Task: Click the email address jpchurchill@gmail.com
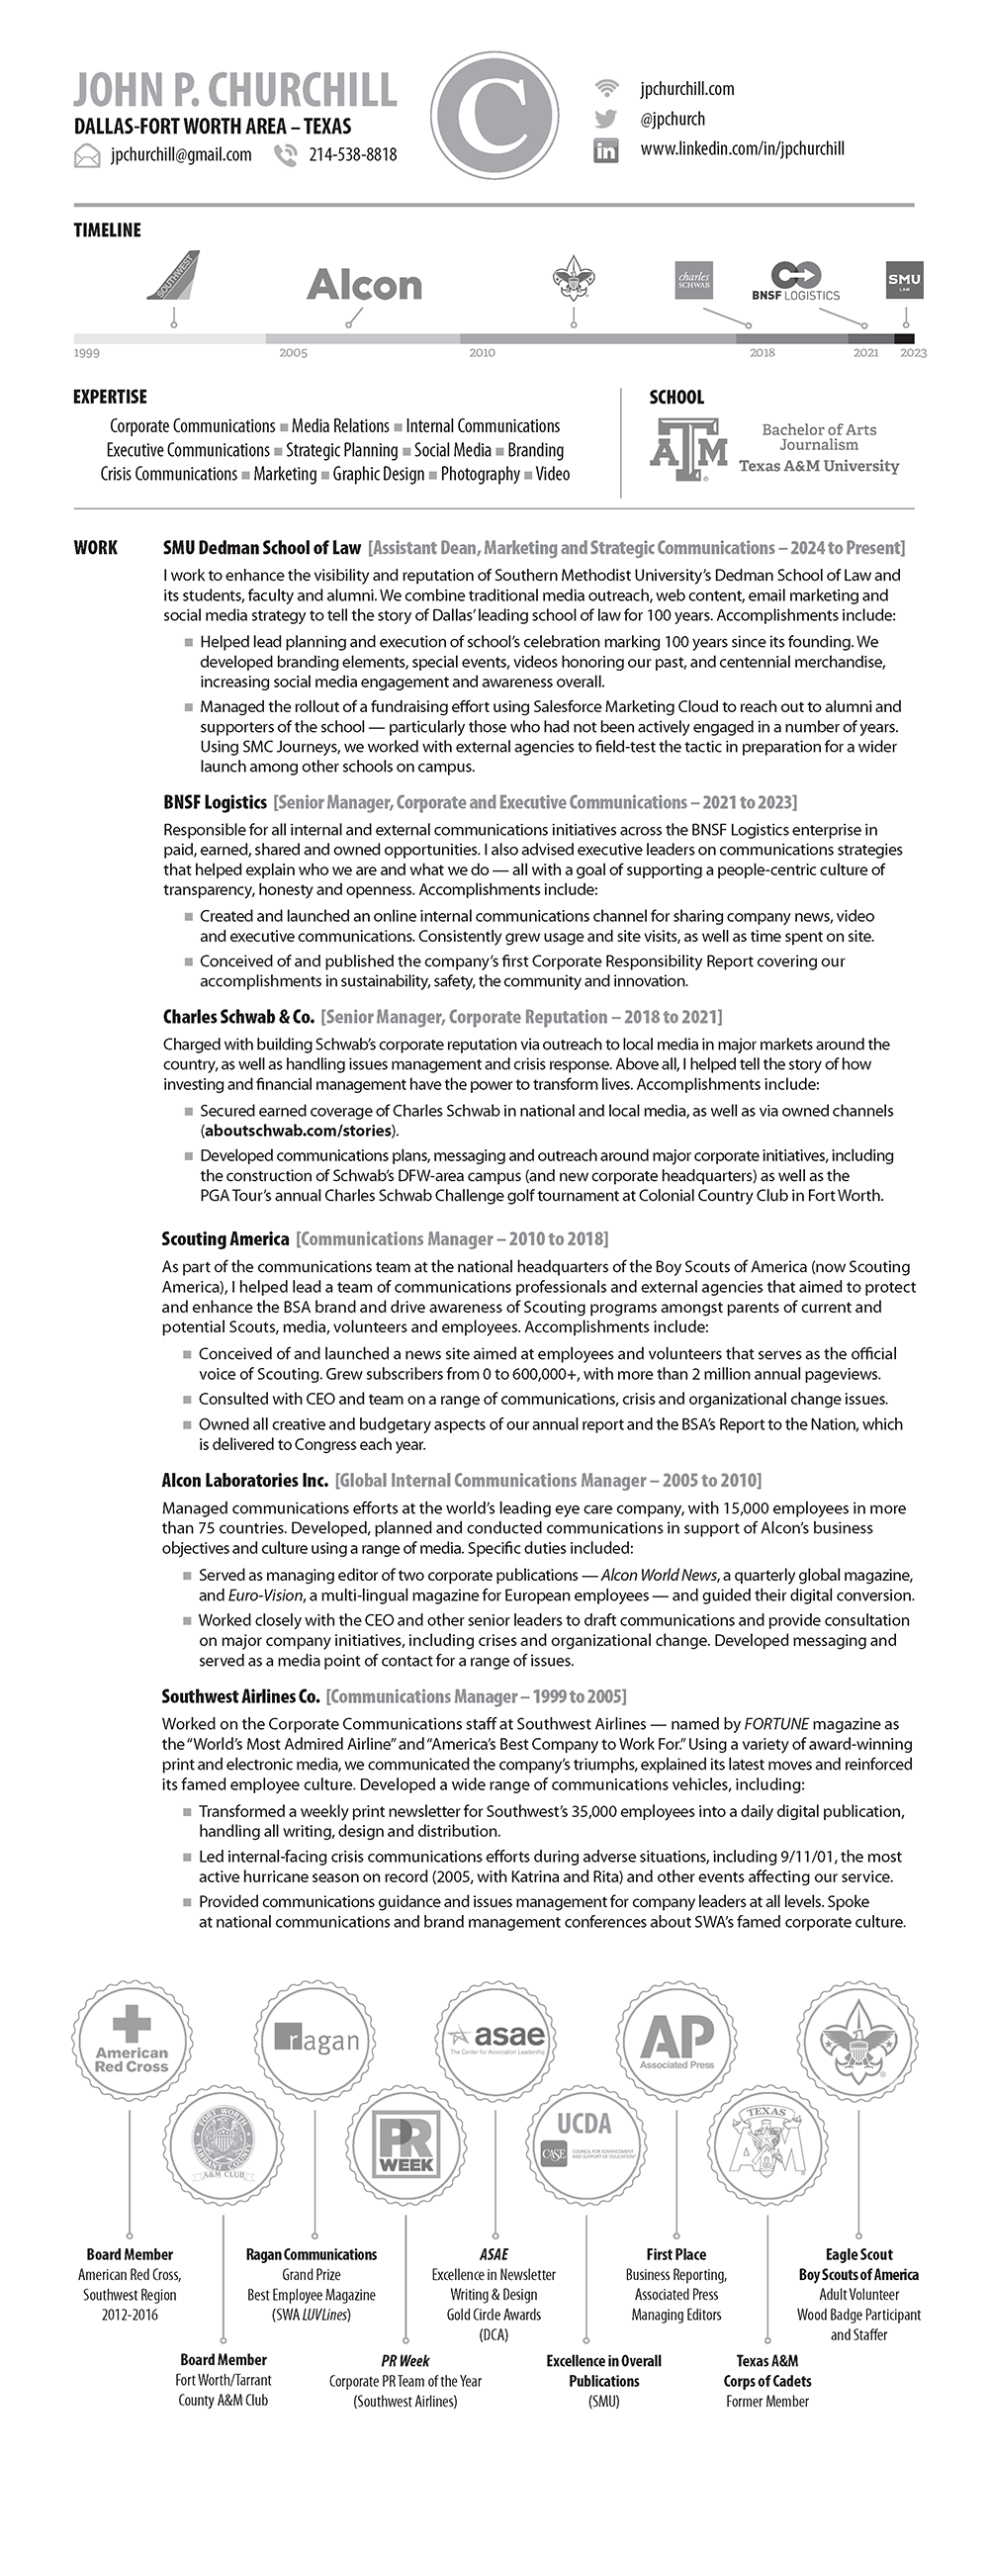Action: pyautogui.click(x=180, y=154)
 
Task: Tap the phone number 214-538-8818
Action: pyautogui.click(x=353, y=154)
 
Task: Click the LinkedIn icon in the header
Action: pyautogui.click(x=605, y=150)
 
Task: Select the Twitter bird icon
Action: pyautogui.click(x=605, y=120)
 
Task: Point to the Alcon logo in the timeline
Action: pyautogui.click(x=364, y=285)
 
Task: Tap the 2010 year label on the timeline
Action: pyautogui.click(x=482, y=353)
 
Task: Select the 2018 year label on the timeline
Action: pyautogui.click(x=763, y=353)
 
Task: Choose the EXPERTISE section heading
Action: pyautogui.click(x=110, y=398)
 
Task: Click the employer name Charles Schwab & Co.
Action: pyautogui.click(x=238, y=1017)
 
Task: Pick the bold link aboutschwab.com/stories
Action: pyautogui.click(x=300, y=1131)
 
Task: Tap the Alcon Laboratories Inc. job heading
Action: pyautogui.click(x=244, y=1480)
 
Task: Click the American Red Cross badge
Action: pyautogui.click(x=132, y=2038)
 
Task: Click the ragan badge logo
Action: pyautogui.click(x=317, y=2039)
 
